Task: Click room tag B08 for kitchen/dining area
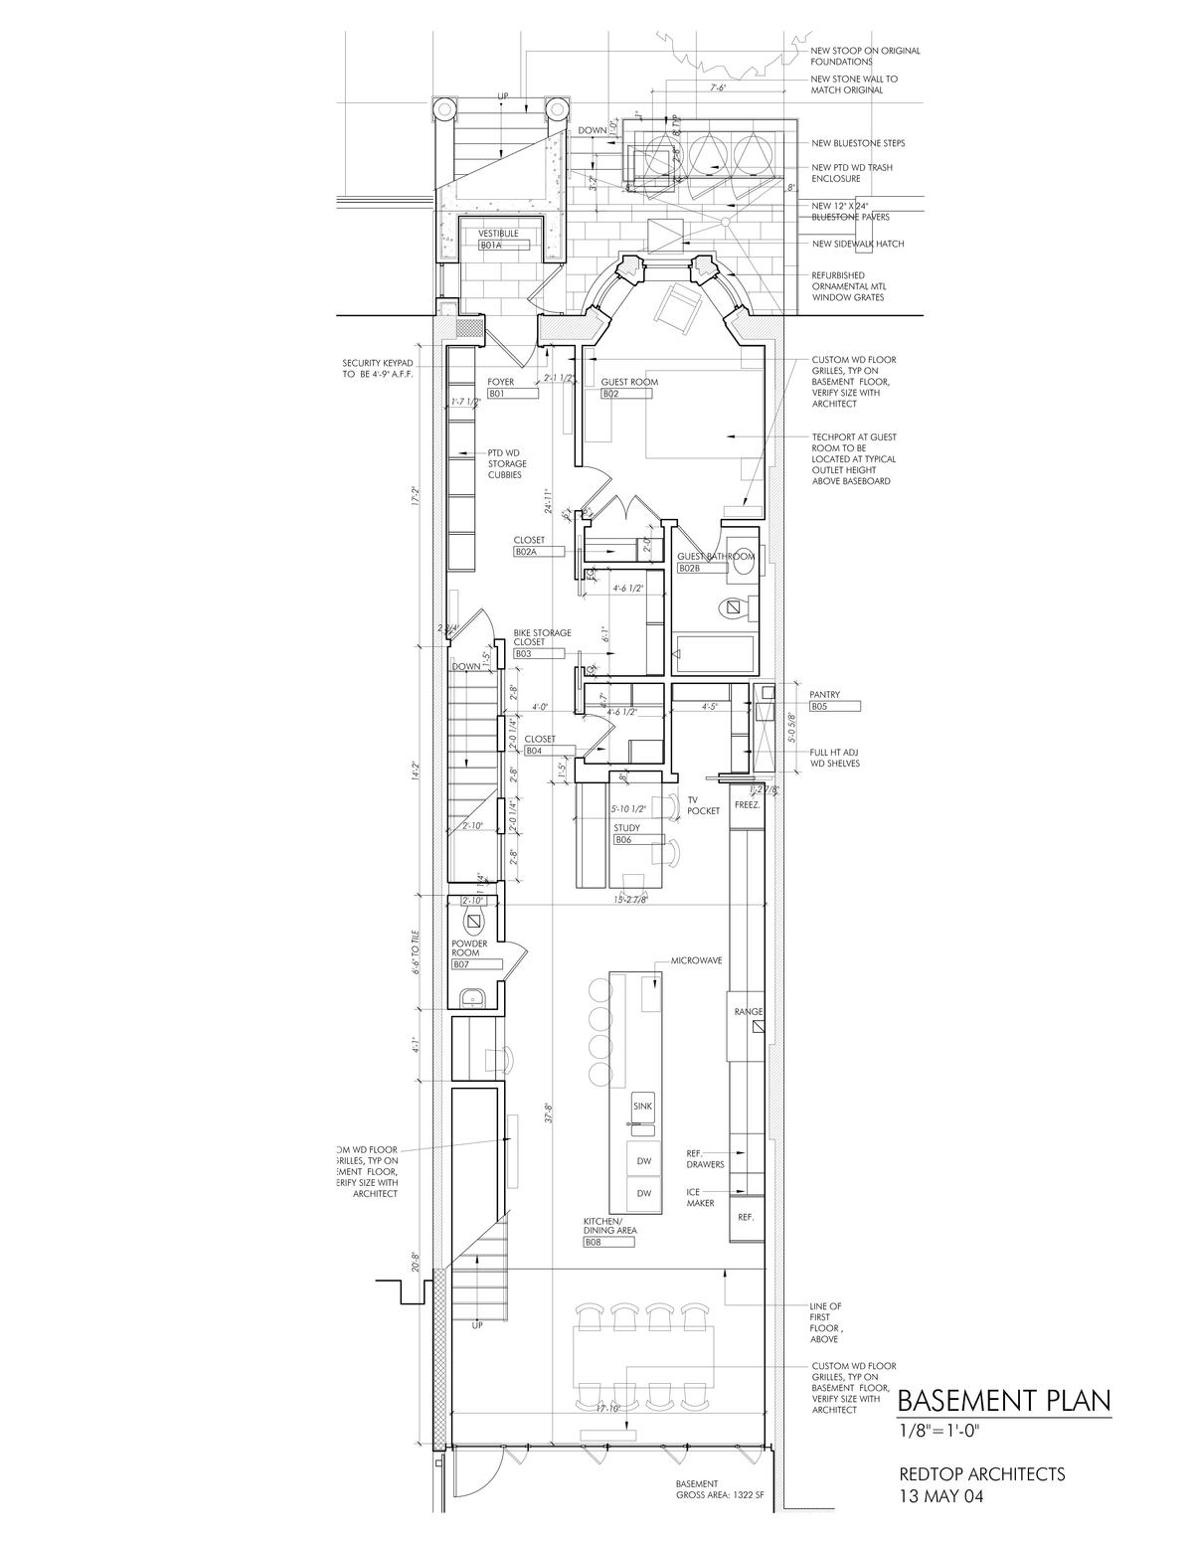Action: (x=594, y=1242)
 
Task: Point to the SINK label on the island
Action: (x=642, y=1106)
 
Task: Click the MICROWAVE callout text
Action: (x=696, y=961)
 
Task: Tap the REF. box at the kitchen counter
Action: (x=746, y=1217)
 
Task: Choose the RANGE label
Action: (x=749, y=1011)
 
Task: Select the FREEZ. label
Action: (x=747, y=805)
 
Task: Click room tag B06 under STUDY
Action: (x=623, y=840)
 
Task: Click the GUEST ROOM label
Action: (x=629, y=382)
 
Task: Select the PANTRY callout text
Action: (x=825, y=695)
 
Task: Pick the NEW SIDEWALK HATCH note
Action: (x=858, y=244)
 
